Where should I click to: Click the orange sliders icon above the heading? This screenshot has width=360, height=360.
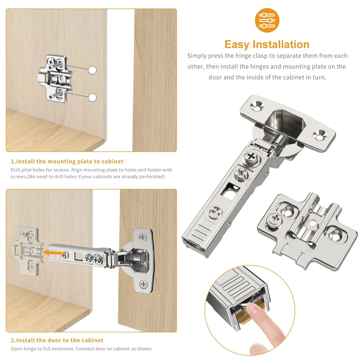267,20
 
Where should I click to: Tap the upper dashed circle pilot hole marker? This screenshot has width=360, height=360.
92,70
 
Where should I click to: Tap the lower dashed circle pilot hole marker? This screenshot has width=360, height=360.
92,97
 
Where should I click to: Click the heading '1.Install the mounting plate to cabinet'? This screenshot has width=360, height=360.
67,161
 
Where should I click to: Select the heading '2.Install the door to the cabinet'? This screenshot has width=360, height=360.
57,340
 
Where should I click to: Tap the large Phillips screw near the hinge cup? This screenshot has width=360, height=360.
252,157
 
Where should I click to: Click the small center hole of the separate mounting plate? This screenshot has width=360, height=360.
312,222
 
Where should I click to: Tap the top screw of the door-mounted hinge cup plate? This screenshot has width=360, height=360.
143,237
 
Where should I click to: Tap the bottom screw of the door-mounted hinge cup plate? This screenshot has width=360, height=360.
144,284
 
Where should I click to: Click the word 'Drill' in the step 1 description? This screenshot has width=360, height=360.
15,170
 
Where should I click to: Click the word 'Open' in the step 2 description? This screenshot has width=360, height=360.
16,349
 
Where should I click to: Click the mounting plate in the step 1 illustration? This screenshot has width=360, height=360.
55,78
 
